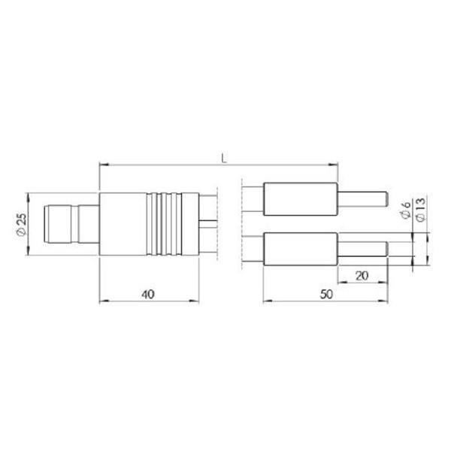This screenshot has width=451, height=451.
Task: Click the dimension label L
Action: click(224, 157)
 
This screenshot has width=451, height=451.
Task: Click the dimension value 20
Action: click(361, 276)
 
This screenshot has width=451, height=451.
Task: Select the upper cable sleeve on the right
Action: click(299, 199)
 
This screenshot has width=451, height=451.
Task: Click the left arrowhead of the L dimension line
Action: click(103, 164)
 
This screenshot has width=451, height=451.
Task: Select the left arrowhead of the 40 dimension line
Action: click(103, 303)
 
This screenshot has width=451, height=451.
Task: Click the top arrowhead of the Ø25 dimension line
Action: click(29, 197)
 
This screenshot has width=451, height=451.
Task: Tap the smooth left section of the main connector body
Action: click(124, 225)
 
